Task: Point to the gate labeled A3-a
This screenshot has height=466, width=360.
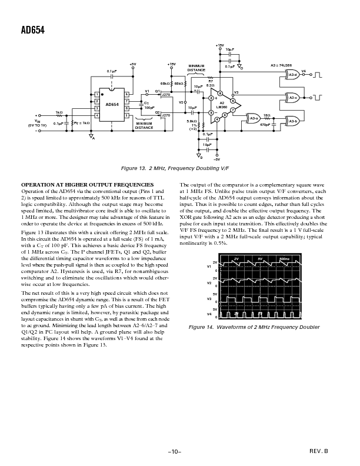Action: tap(255, 118)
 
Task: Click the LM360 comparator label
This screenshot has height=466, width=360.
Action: tap(222, 106)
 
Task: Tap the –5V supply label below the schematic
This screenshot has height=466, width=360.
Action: tap(216, 159)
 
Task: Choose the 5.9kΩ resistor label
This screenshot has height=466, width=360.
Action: tap(192, 121)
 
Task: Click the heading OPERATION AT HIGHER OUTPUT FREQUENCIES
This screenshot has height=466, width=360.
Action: tap(88, 185)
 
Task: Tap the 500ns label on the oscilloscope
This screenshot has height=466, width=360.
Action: tap(284, 259)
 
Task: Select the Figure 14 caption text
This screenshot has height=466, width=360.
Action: tap(254, 327)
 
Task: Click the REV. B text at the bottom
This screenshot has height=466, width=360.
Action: tap(317, 450)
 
